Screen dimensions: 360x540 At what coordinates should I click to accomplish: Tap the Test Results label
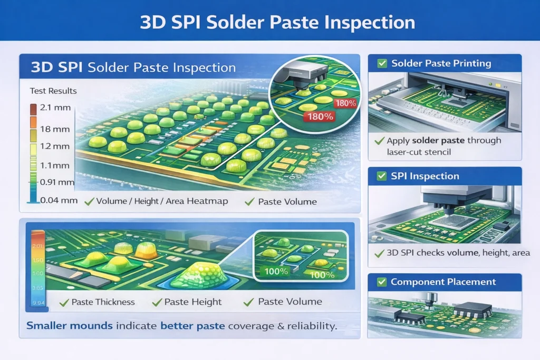pos(53,91)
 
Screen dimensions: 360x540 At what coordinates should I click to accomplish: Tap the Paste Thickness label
pos(103,302)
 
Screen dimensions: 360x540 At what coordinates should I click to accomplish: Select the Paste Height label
pos(193,302)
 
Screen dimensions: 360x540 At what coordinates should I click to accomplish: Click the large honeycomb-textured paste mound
pos(204,272)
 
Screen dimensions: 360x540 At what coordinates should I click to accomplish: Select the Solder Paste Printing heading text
pos(441,64)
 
